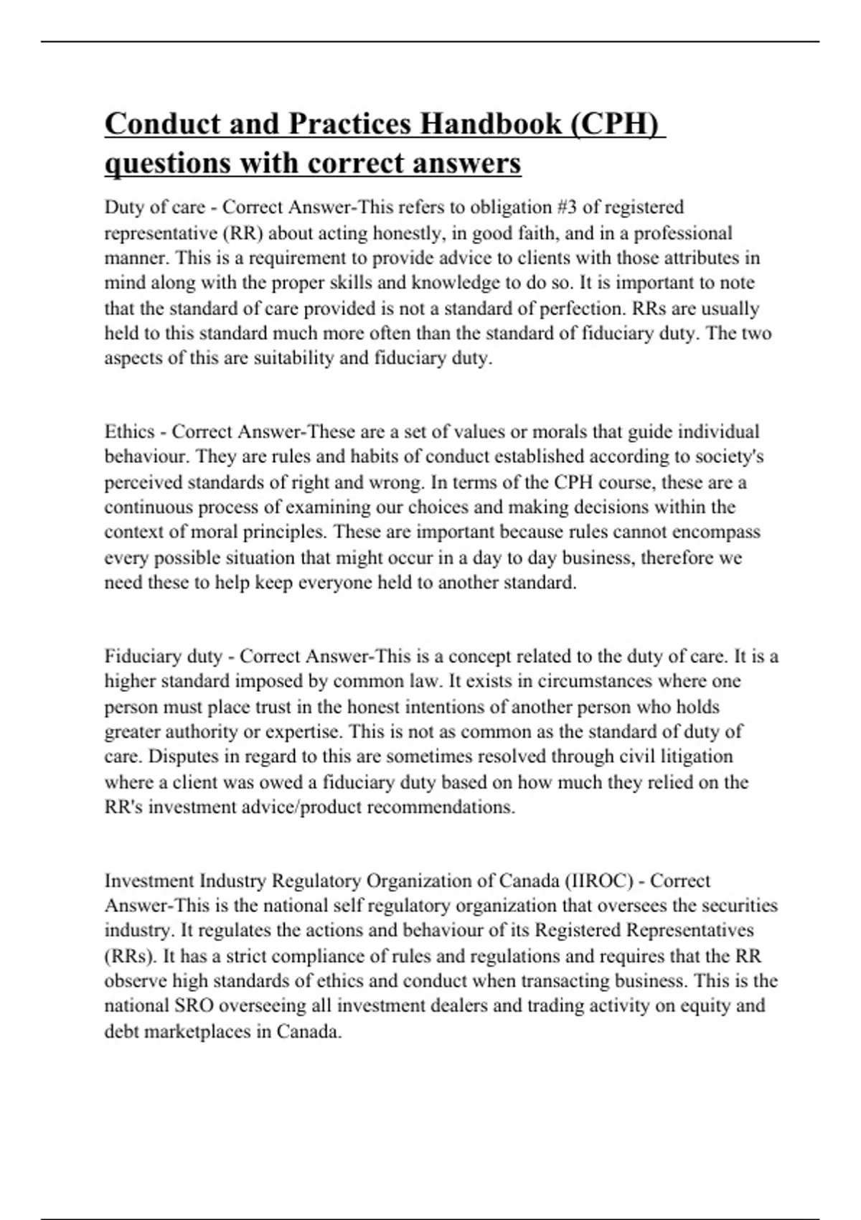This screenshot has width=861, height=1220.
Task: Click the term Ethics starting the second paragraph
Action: click(x=130, y=432)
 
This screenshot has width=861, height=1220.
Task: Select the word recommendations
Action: click(x=441, y=807)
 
